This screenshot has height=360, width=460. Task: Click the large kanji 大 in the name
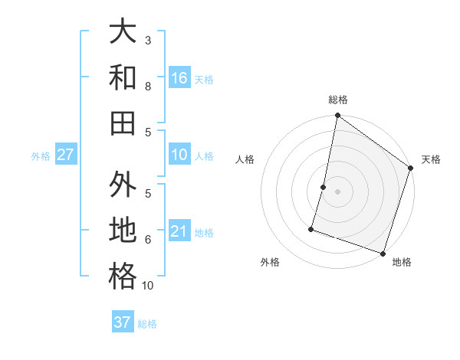click(123, 32)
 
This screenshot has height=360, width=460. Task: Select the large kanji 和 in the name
click(123, 77)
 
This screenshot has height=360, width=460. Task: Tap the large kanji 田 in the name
click(123, 123)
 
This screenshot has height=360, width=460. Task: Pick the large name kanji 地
click(123, 231)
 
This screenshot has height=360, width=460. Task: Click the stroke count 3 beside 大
click(148, 40)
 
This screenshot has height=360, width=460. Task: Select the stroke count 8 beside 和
click(148, 86)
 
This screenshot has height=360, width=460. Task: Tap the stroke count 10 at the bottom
click(148, 286)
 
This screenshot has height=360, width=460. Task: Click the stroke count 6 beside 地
click(148, 239)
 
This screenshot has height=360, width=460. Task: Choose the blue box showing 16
click(179, 78)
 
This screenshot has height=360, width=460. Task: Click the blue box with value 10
click(179, 155)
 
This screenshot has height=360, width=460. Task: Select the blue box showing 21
click(179, 231)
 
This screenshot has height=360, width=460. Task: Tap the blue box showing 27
click(65, 155)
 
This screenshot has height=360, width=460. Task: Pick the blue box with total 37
click(123, 322)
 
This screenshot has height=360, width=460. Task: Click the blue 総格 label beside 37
click(147, 324)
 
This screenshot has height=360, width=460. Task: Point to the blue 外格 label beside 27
click(41, 156)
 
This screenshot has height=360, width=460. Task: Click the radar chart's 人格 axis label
click(245, 159)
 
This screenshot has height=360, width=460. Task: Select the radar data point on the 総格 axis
click(337, 116)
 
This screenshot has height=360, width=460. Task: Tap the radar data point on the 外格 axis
click(311, 228)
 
